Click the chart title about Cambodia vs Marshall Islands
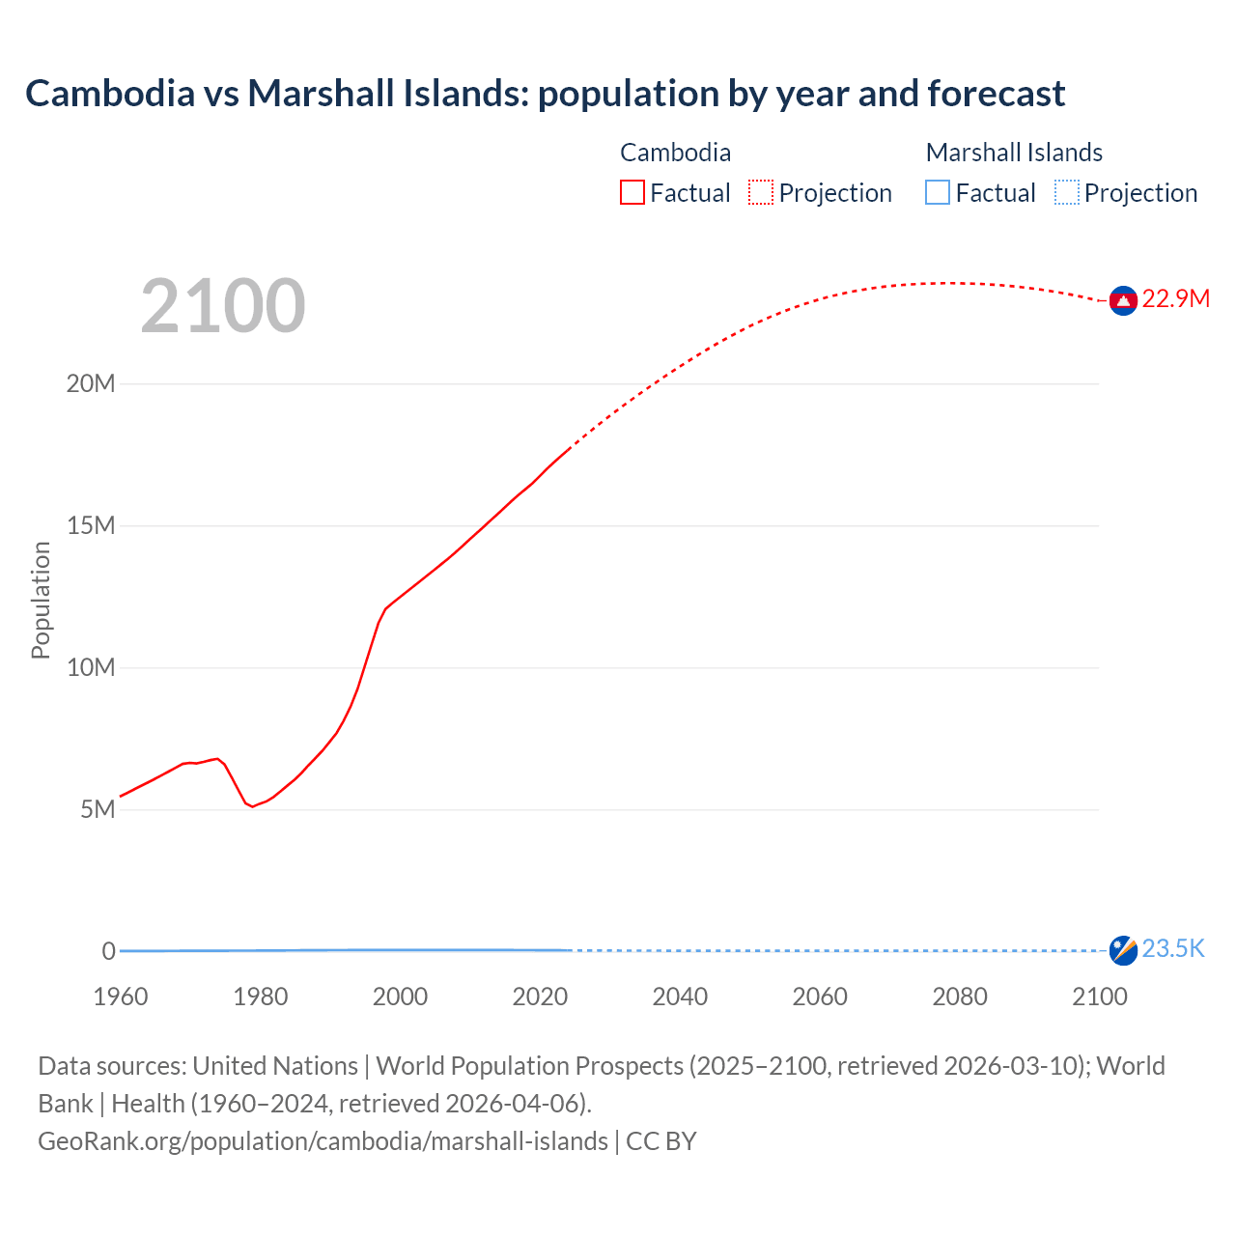(545, 94)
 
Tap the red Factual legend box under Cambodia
(632, 193)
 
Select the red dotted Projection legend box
(761, 193)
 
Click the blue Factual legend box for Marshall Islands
(938, 193)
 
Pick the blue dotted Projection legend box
(1067, 193)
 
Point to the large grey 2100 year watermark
(223, 306)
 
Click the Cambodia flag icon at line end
(1123, 301)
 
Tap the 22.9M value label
(1175, 299)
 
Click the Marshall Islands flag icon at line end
(1123, 950)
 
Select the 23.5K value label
(1173, 949)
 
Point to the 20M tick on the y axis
(90, 384)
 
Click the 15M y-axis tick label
(90, 526)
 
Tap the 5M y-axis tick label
(98, 809)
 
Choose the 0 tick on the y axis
(108, 951)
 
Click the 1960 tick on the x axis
(121, 997)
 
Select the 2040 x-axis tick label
(680, 997)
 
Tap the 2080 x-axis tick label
(960, 997)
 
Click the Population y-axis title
(41, 600)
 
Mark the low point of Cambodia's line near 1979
(253, 806)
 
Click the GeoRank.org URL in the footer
(323, 1141)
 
